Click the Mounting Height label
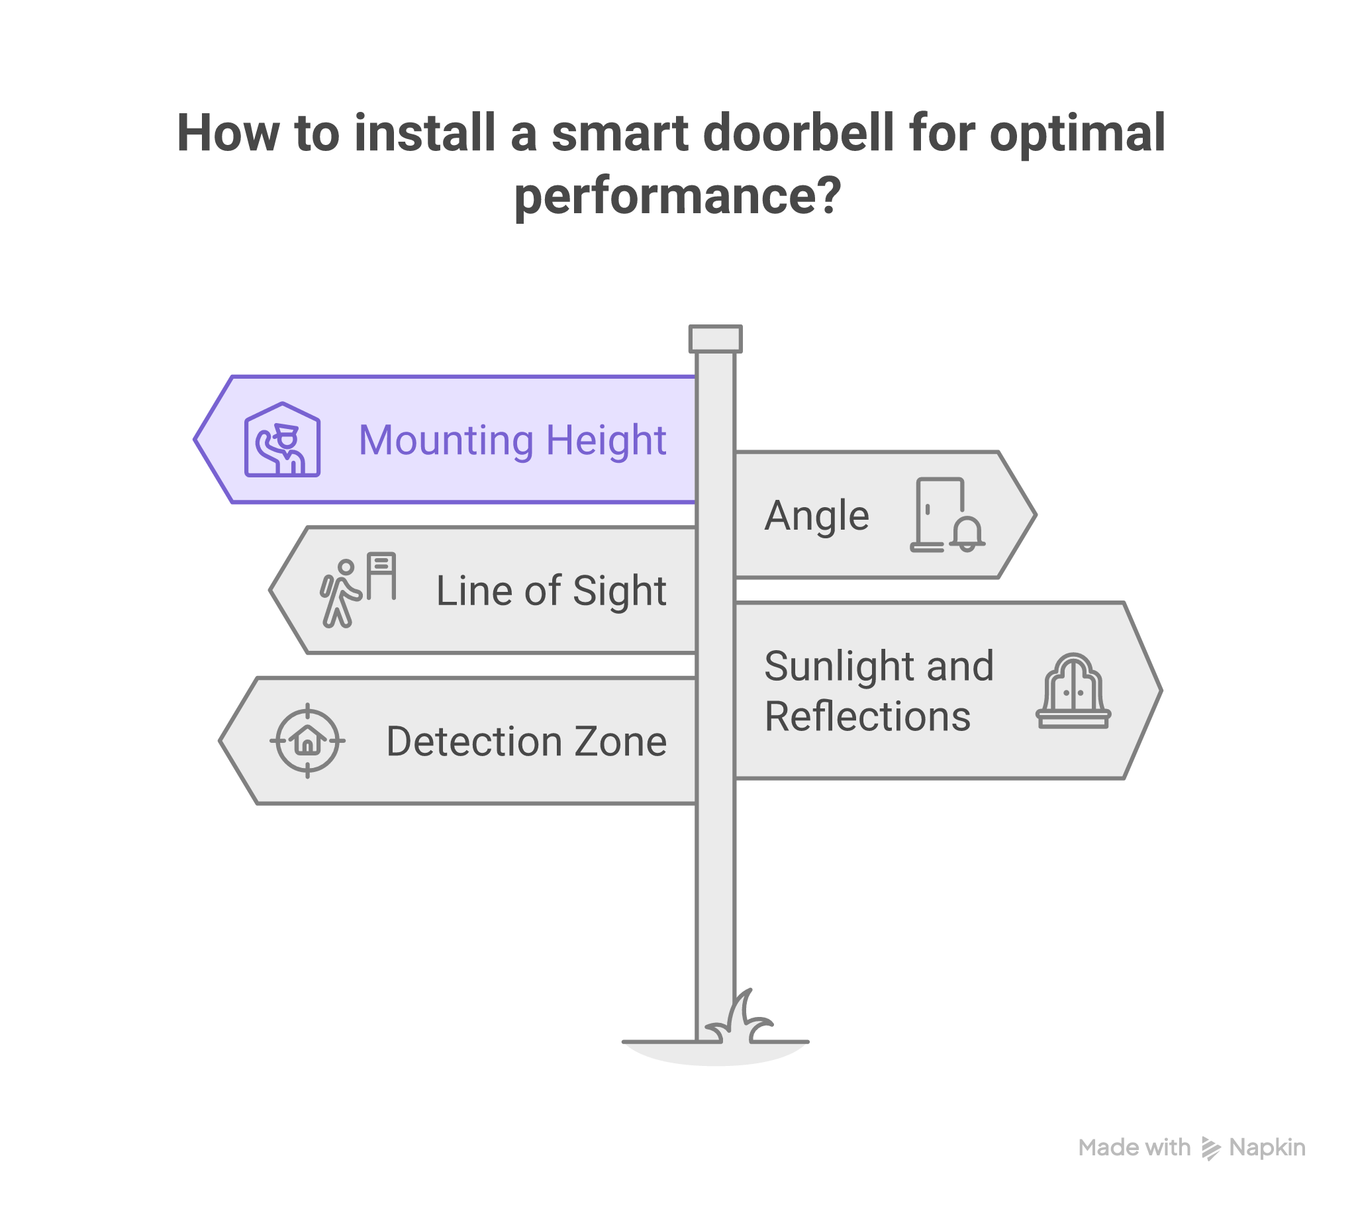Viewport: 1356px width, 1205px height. [512, 440]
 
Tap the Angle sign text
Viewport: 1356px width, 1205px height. [816, 516]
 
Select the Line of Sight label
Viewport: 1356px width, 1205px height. [551, 591]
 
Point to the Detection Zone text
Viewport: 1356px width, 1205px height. [526, 742]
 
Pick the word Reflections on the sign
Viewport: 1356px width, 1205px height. [867, 717]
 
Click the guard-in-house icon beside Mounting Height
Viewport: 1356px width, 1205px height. [282, 440]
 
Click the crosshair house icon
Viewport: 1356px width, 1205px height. [307, 740]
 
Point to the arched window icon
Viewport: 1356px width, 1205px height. [1073, 691]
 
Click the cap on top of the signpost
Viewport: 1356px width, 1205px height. [714, 339]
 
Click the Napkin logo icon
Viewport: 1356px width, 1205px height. [1211, 1147]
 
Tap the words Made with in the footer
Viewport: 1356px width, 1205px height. [1134, 1147]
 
